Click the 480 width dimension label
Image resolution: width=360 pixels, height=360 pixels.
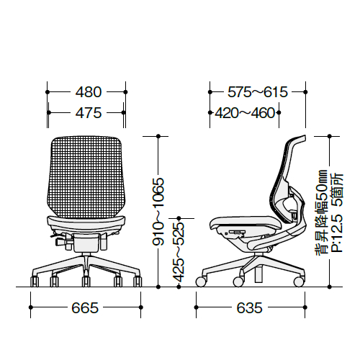[89, 92]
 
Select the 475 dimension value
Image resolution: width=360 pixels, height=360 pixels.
[89, 113]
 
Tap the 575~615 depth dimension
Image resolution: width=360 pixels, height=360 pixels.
[258, 92]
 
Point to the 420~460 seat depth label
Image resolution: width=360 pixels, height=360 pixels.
[245, 113]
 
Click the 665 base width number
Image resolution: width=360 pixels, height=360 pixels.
[85, 307]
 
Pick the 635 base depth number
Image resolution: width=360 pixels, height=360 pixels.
[249, 307]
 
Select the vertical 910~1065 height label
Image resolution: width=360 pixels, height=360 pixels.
[158, 212]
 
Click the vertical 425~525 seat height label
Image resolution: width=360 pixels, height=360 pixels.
[179, 252]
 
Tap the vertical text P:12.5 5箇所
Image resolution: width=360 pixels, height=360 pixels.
[337, 212]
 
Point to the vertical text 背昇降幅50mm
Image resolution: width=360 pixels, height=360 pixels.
[321, 213]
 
